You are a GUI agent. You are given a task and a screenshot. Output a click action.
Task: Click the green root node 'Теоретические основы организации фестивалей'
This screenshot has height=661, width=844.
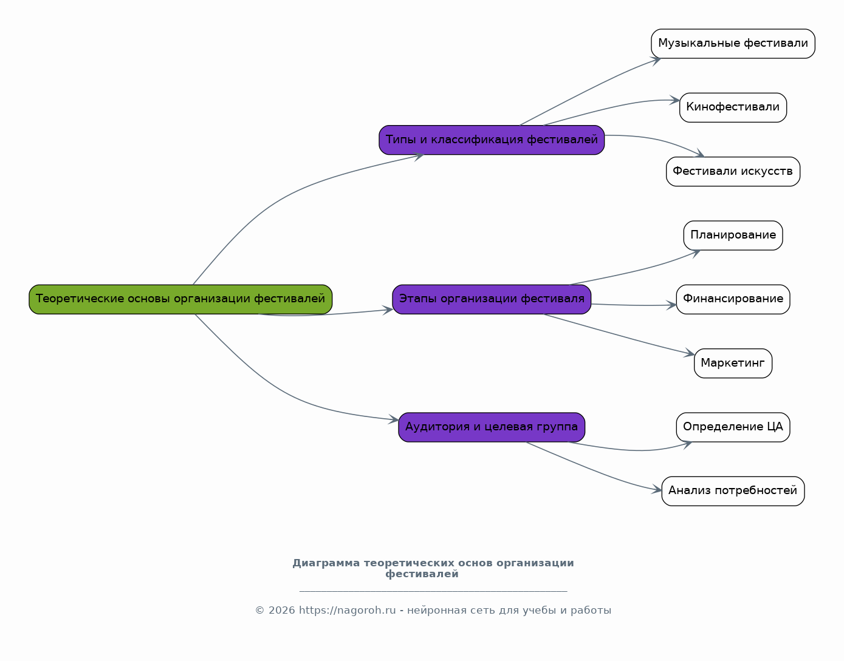point(180,299)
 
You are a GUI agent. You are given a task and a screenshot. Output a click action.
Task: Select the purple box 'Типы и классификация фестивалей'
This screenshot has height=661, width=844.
point(492,140)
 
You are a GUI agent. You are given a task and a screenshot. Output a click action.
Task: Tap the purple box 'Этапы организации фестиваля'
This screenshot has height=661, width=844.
point(492,299)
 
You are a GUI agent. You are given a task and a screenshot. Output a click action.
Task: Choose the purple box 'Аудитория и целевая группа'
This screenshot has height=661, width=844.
point(492,427)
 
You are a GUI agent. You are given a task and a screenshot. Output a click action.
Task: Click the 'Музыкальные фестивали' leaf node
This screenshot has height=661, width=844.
point(733,44)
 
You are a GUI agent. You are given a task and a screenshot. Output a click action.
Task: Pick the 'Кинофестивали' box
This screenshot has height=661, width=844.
point(733,107)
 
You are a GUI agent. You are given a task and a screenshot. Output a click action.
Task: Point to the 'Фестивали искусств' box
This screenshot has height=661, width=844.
point(733,172)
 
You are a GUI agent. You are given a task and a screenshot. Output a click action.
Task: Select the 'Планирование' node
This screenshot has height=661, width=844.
point(733,236)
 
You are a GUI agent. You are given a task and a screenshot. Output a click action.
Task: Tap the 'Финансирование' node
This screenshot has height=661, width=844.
point(733,299)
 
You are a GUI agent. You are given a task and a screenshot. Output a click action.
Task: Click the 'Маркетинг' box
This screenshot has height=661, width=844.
point(733,364)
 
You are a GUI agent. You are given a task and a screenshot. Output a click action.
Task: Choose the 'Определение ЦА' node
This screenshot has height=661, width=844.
point(733,427)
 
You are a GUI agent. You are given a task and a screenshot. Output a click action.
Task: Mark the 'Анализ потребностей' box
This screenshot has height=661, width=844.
point(733,491)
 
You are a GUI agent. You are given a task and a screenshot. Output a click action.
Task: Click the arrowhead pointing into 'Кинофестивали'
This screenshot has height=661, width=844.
point(675,100)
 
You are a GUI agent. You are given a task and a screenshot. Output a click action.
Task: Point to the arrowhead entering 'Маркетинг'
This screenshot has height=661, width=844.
point(690,353)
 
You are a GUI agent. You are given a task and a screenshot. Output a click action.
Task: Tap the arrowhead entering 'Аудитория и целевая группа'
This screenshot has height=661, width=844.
point(394,419)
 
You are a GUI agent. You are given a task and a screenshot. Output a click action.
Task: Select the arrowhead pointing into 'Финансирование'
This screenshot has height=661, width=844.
point(671,305)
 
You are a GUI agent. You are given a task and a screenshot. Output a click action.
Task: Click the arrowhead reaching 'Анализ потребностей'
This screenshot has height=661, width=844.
point(657,489)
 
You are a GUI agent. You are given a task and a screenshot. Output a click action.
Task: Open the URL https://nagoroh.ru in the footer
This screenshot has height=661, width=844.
point(347,611)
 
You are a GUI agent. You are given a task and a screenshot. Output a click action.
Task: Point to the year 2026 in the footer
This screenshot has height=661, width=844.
point(282,611)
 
